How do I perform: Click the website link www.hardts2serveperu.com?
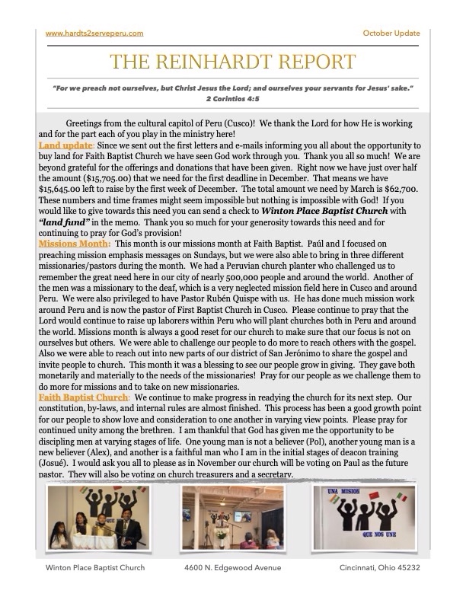pos(94,33)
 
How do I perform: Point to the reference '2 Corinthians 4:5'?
pos(233,98)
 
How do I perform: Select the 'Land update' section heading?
pos(65,145)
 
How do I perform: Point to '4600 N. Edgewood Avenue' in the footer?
pos(232,568)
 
